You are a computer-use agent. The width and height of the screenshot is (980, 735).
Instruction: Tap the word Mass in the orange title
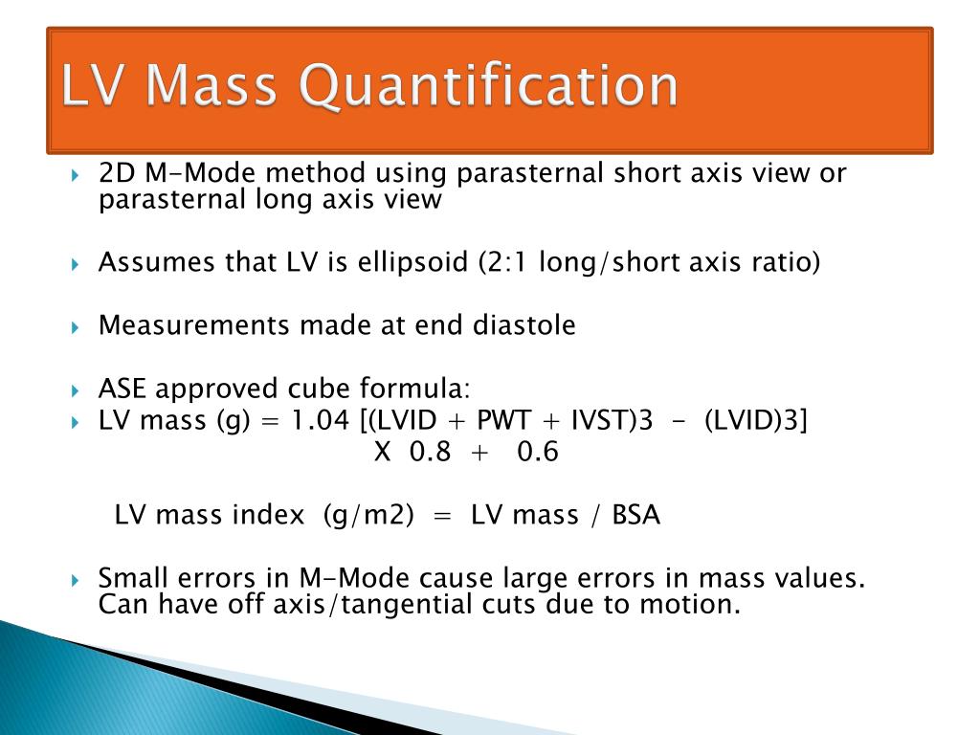tap(212, 85)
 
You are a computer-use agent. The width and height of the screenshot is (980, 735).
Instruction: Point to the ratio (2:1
tap(505, 262)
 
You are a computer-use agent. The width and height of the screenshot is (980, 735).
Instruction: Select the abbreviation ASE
tap(123, 390)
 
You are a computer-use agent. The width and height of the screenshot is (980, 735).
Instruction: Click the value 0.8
tap(430, 452)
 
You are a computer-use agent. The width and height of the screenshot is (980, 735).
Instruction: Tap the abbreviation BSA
tap(636, 515)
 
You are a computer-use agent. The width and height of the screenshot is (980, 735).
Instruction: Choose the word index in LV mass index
tap(269, 515)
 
